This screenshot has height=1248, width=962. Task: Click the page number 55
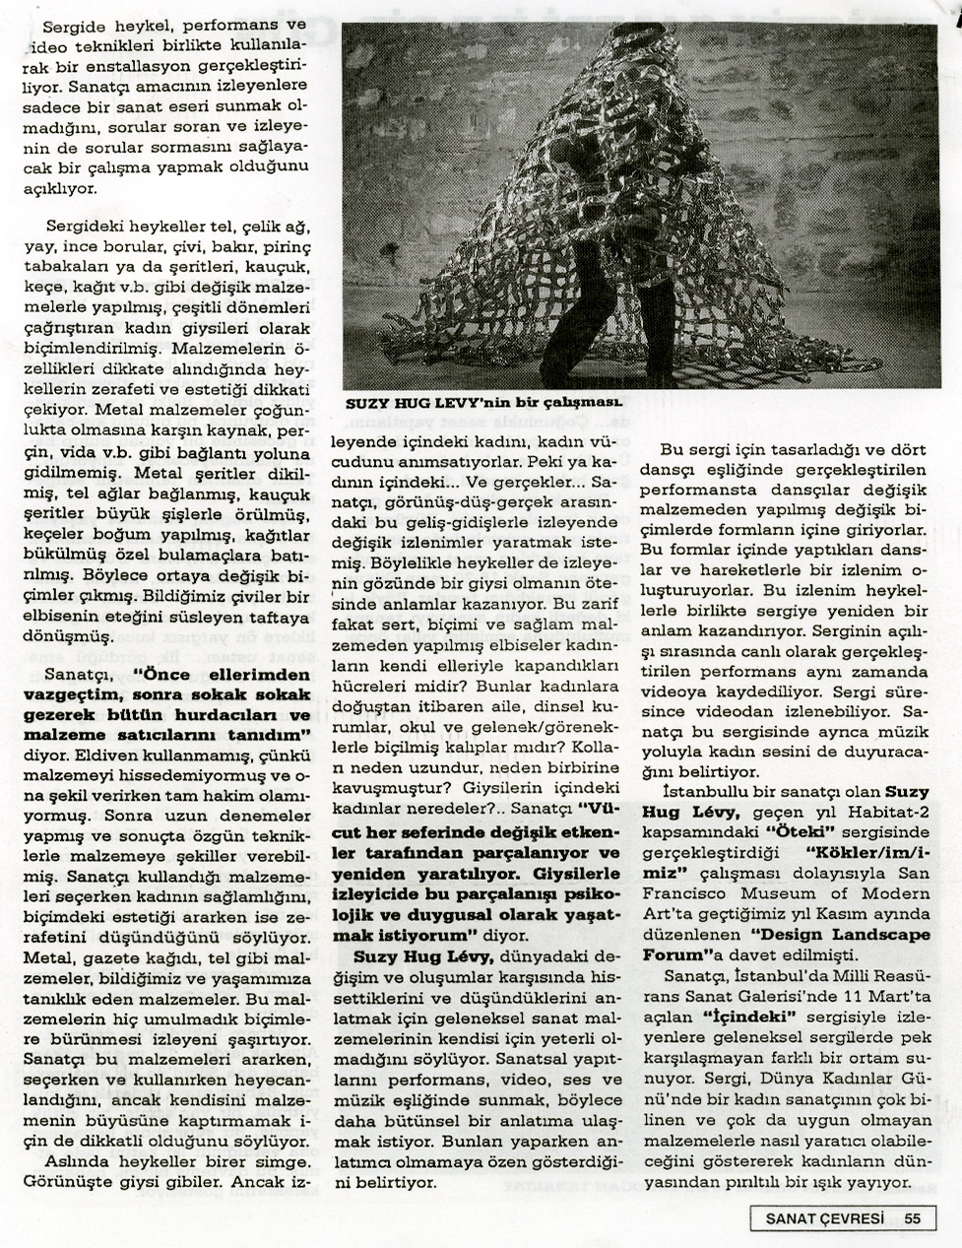click(x=912, y=1217)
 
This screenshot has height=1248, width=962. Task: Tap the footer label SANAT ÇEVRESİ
click(x=824, y=1217)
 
